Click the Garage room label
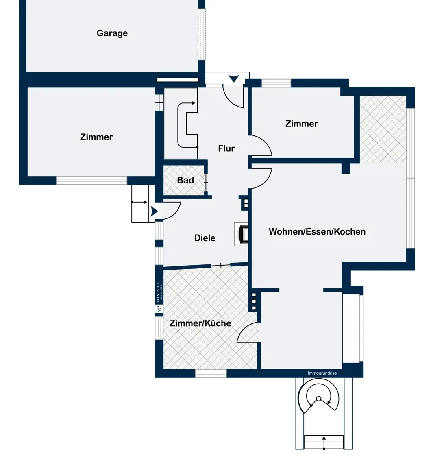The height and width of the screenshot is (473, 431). click(112, 33)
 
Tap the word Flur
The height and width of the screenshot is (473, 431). click(226, 148)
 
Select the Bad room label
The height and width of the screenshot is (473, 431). click(185, 180)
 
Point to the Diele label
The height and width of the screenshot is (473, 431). click(205, 238)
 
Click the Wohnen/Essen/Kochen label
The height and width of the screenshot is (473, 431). click(317, 232)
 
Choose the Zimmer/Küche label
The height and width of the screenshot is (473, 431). click(200, 323)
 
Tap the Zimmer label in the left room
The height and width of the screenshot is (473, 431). click(96, 137)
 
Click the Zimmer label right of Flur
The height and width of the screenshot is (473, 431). click(301, 124)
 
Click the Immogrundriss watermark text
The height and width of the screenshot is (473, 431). click(322, 373)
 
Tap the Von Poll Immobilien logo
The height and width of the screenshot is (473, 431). click(159, 297)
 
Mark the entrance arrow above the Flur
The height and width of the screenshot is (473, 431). click(233, 79)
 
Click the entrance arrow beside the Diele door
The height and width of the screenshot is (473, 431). click(154, 211)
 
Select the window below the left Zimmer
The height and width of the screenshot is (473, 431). click(92, 181)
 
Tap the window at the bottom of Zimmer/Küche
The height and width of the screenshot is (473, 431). click(211, 373)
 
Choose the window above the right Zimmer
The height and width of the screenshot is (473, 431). click(276, 83)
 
